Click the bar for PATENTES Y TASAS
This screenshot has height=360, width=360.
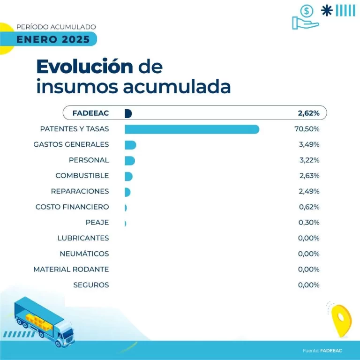coord(192,129)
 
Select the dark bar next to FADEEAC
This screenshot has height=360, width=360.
coord(128,113)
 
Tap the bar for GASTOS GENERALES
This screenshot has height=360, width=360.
coord(130,145)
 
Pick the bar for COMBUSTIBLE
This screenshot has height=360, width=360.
coord(128,176)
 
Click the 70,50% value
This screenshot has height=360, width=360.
coord(307,129)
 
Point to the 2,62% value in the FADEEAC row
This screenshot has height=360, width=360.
coord(308,113)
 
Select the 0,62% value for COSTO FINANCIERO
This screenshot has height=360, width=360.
coord(309,207)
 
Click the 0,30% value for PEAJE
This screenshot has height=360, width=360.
coord(309,222)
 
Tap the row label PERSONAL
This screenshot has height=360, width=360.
coord(89,160)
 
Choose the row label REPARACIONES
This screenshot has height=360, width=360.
coord(80,191)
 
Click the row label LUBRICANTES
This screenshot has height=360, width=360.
coord(83,238)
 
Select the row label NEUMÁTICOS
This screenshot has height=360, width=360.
coord(84,254)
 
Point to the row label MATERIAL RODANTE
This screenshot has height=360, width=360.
coord(71,269)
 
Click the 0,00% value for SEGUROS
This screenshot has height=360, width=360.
coord(309,285)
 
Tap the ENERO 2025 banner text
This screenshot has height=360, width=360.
coord(52,39)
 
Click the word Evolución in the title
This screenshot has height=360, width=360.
coord(84,67)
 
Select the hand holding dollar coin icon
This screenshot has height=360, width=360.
coord(305,18)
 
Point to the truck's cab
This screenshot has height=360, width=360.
coord(65,334)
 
